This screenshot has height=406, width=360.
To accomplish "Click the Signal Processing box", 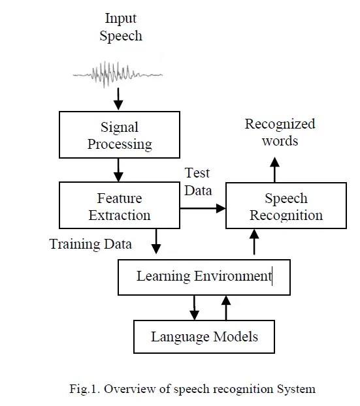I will (120, 134).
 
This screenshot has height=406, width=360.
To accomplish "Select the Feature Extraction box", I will (120, 205).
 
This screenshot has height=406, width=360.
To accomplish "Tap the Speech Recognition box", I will (285, 206).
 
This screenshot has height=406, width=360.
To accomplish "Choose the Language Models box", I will (204, 337).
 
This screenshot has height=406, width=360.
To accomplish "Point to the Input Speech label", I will (120, 27).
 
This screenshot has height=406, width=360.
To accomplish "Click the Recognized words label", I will (280, 132).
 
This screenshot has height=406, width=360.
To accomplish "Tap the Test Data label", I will (198, 181).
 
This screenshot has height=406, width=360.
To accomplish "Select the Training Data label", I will (91, 245).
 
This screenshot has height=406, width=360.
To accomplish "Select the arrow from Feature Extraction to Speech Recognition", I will (203, 208).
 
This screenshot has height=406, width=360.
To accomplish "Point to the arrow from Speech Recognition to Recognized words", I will (274, 166).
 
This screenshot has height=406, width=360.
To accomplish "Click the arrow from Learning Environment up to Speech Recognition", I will (255, 244).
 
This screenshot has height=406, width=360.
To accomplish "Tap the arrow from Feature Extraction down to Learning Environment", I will (155, 242).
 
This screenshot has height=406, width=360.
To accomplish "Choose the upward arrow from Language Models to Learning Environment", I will (226, 307).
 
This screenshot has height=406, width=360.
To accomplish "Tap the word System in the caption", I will (297, 390).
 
